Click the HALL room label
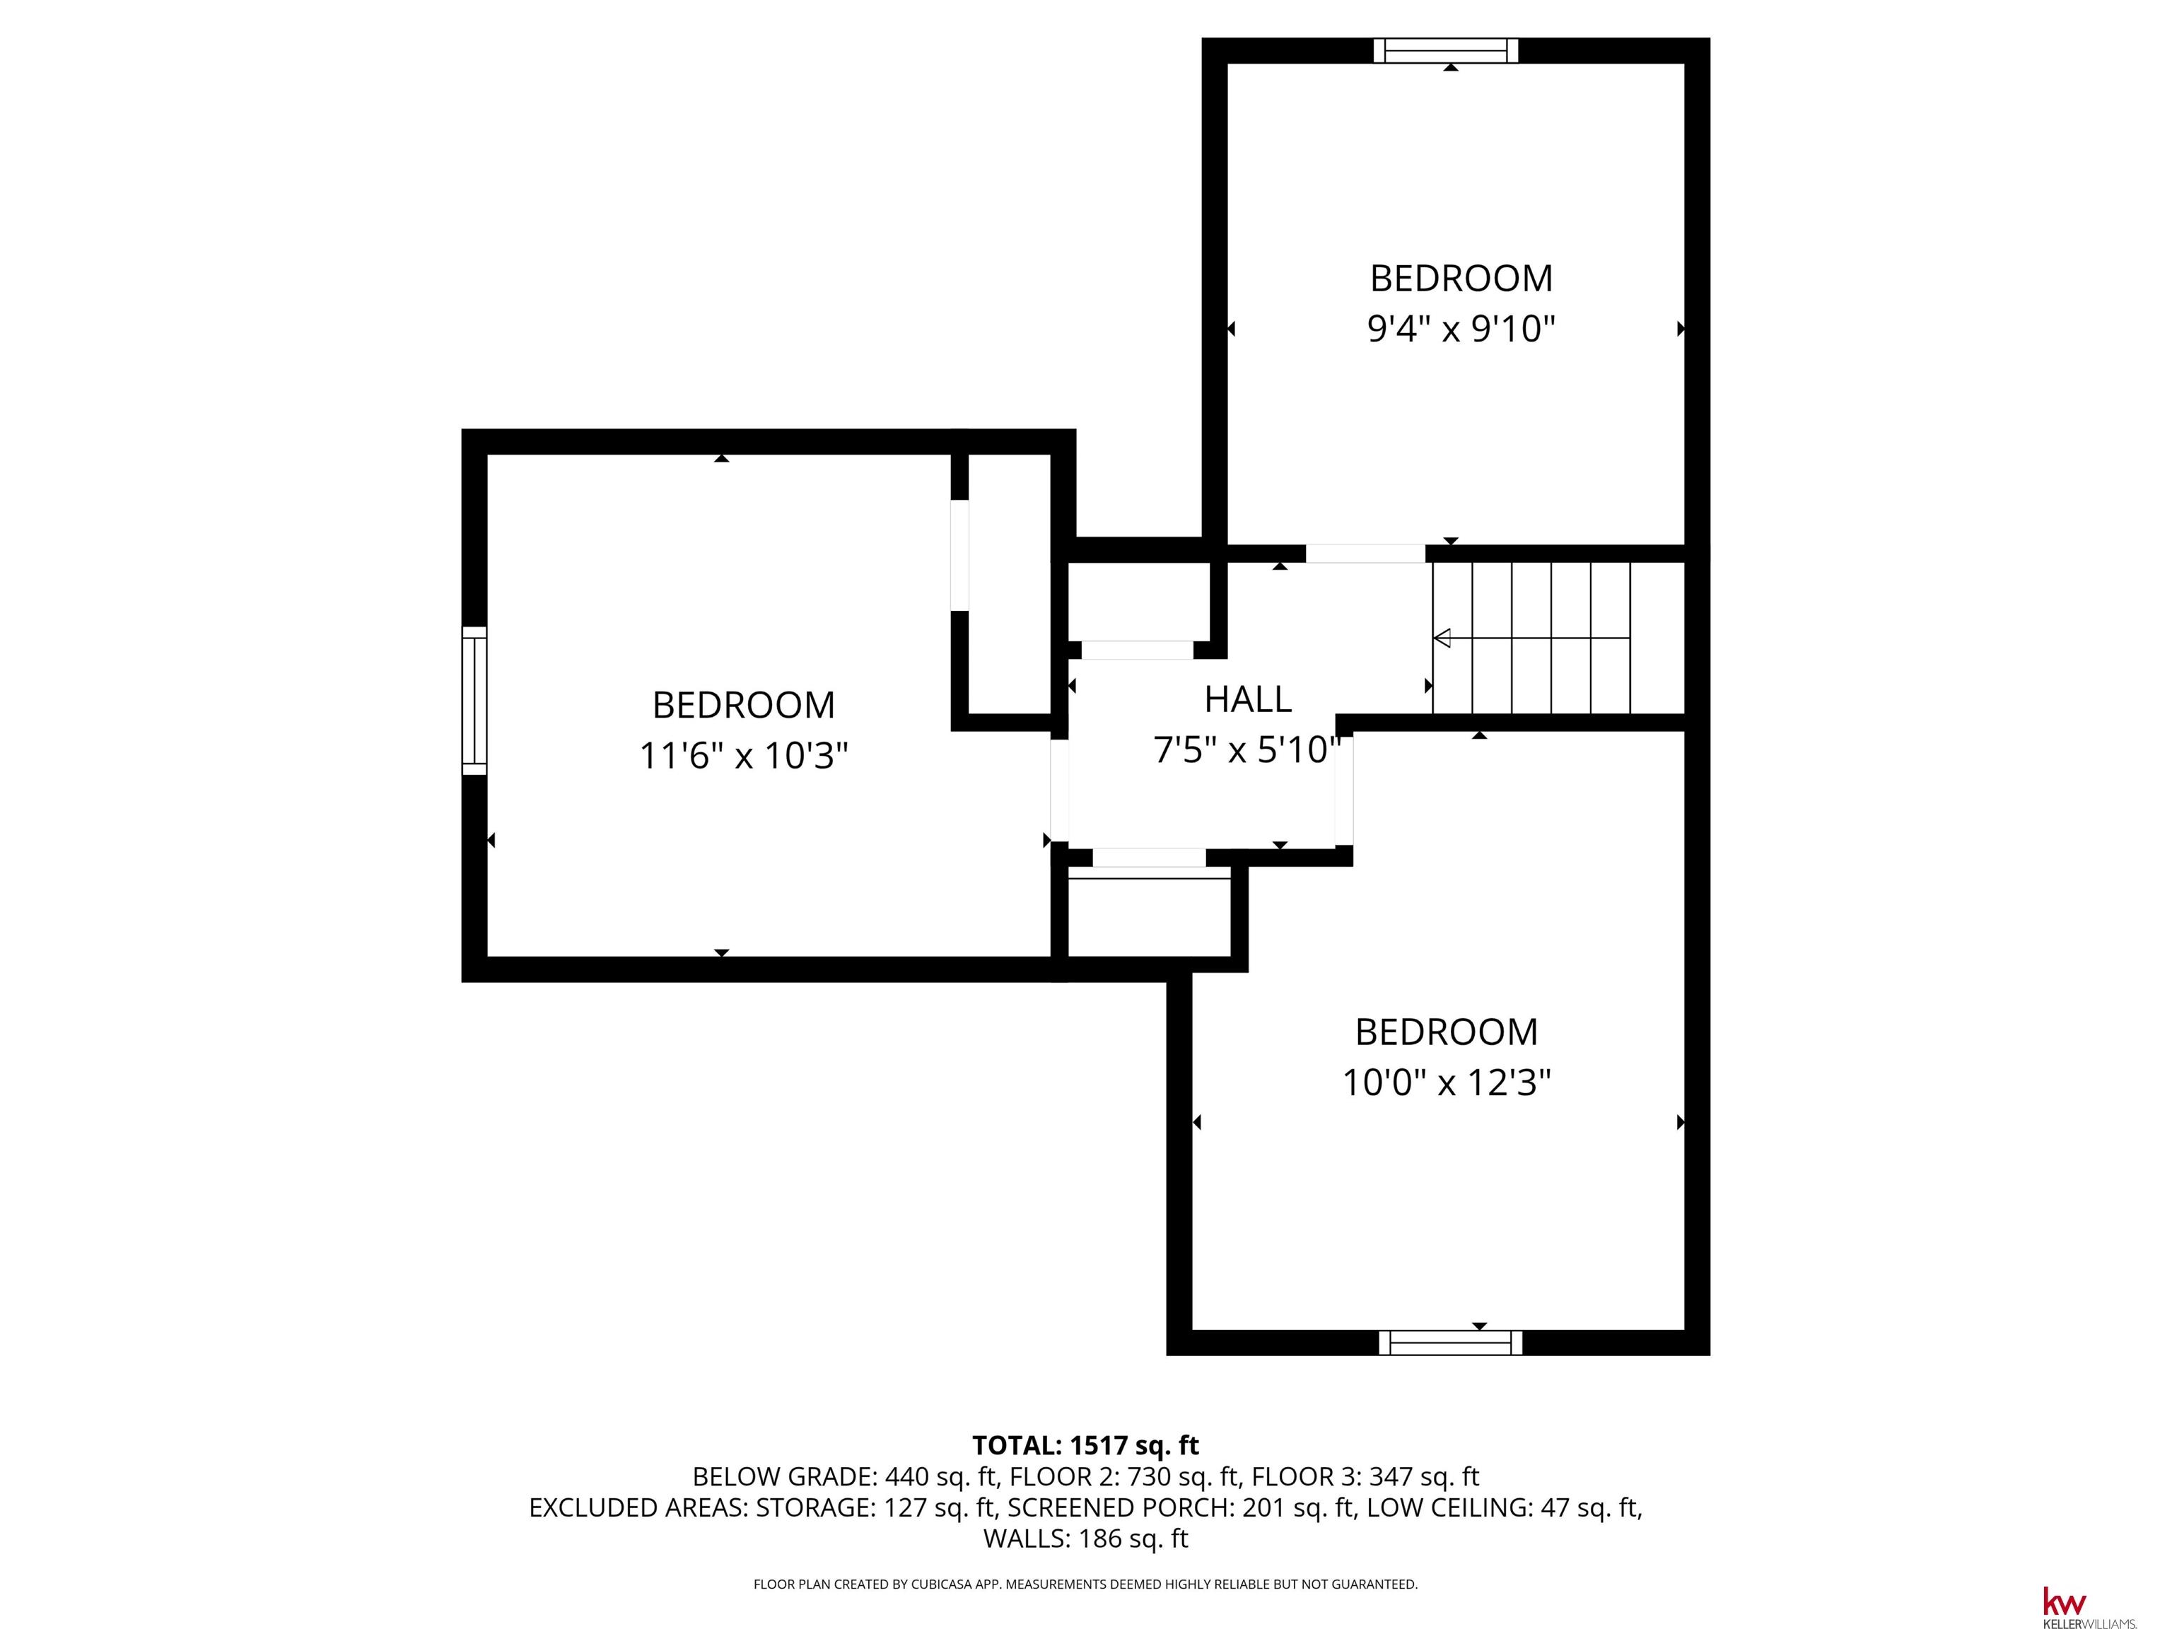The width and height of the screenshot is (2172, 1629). pos(1247,699)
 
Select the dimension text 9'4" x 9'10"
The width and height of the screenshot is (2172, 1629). pos(1461,329)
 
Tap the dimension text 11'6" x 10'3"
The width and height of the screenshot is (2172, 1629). pos(743,756)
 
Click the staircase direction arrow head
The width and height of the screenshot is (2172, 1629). pos(1442,638)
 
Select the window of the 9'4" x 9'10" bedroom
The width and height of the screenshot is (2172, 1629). pos(1445,50)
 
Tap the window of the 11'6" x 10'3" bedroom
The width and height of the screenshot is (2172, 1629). pos(474,700)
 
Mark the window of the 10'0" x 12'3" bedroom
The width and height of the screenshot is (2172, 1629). pos(1450,1342)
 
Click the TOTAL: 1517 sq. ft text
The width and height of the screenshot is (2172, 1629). pos(1085,1445)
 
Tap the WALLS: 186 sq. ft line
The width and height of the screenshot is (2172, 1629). pos(1085,1538)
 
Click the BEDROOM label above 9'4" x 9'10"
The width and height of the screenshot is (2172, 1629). pos(1461,279)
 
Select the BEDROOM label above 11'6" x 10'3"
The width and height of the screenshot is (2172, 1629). pos(743,705)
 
